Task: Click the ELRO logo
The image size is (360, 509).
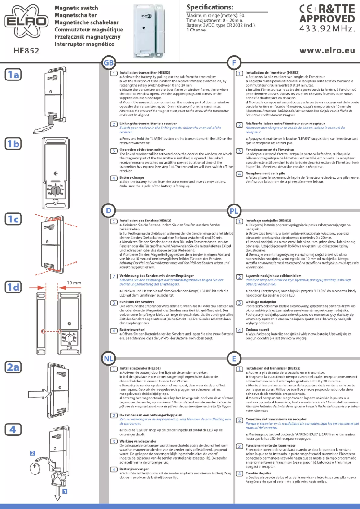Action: (25, 21)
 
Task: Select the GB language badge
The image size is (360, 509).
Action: (109, 63)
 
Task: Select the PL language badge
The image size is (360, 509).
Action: (235, 210)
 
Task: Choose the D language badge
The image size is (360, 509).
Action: (108, 210)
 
